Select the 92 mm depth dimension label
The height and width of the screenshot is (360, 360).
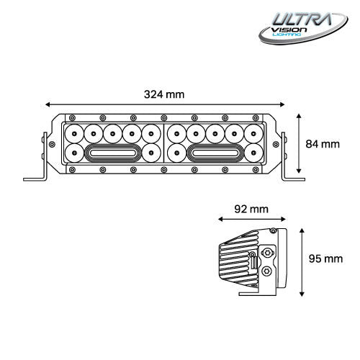(x=252, y=209)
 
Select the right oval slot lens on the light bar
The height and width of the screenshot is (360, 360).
(x=215, y=153)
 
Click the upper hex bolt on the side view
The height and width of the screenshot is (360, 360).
(x=268, y=253)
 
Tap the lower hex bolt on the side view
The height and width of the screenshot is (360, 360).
(x=268, y=271)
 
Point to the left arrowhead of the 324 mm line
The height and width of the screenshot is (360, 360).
(x=48, y=103)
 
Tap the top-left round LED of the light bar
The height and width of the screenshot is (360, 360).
(x=76, y=133)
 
